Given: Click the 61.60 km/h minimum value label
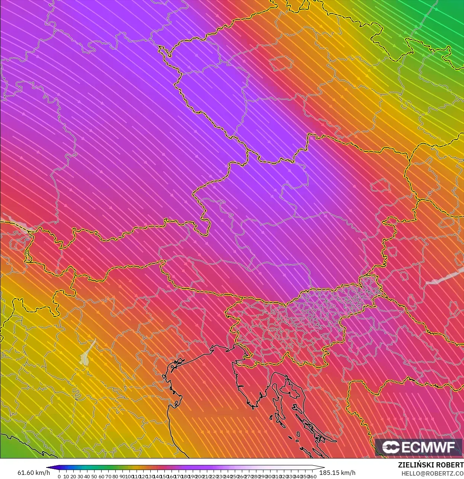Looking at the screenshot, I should coord(33,473).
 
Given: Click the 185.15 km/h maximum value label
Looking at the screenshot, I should coord(337,473).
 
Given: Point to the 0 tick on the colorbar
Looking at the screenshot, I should coord(59,476).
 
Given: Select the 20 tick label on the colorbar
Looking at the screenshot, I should coord(73,476).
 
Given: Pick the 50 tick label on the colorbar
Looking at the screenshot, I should coord(94,476).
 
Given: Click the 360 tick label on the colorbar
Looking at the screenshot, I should coord(313,476).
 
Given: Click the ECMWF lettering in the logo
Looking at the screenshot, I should coord(428,447).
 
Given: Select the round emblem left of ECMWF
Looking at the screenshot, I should coord(390,447).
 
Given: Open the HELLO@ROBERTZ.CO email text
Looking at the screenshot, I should coord(432,473).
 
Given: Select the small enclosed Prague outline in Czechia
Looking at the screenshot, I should coord(281,63).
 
